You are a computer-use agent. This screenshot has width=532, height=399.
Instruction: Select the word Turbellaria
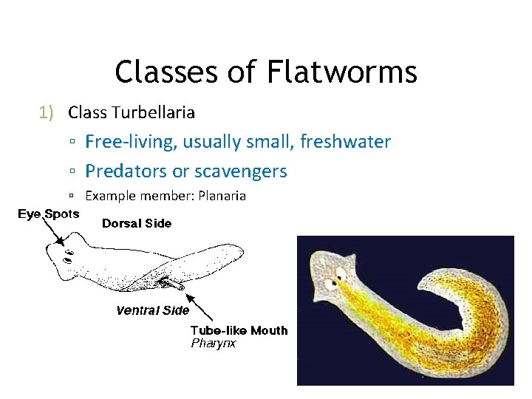click(153, 112)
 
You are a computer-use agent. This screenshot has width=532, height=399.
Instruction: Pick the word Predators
click(126, 171)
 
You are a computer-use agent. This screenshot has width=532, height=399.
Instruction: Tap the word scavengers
click(239, 171)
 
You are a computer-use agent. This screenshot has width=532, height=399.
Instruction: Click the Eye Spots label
click(49, 214)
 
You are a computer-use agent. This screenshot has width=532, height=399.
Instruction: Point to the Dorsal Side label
click(137, 223)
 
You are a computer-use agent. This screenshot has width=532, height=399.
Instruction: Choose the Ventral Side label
click(153, 310)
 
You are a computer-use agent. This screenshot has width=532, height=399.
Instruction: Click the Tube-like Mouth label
click(239, 330)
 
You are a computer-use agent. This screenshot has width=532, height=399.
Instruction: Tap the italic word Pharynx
click(214, 343)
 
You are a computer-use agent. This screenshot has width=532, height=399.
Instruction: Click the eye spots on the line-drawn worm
click(67, 257)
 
